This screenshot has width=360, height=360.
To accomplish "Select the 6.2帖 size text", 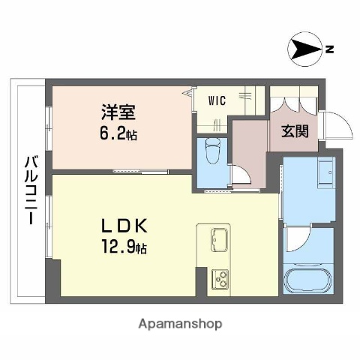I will coord(120,135).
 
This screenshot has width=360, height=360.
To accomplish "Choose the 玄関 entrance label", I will coord(292,131).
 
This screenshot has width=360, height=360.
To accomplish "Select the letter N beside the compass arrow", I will coord(329,50).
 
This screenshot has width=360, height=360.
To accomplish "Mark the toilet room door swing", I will coord(241,175).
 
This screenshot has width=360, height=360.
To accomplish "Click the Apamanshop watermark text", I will coord(180,324).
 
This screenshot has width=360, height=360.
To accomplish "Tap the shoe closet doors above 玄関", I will coord(293,103).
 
